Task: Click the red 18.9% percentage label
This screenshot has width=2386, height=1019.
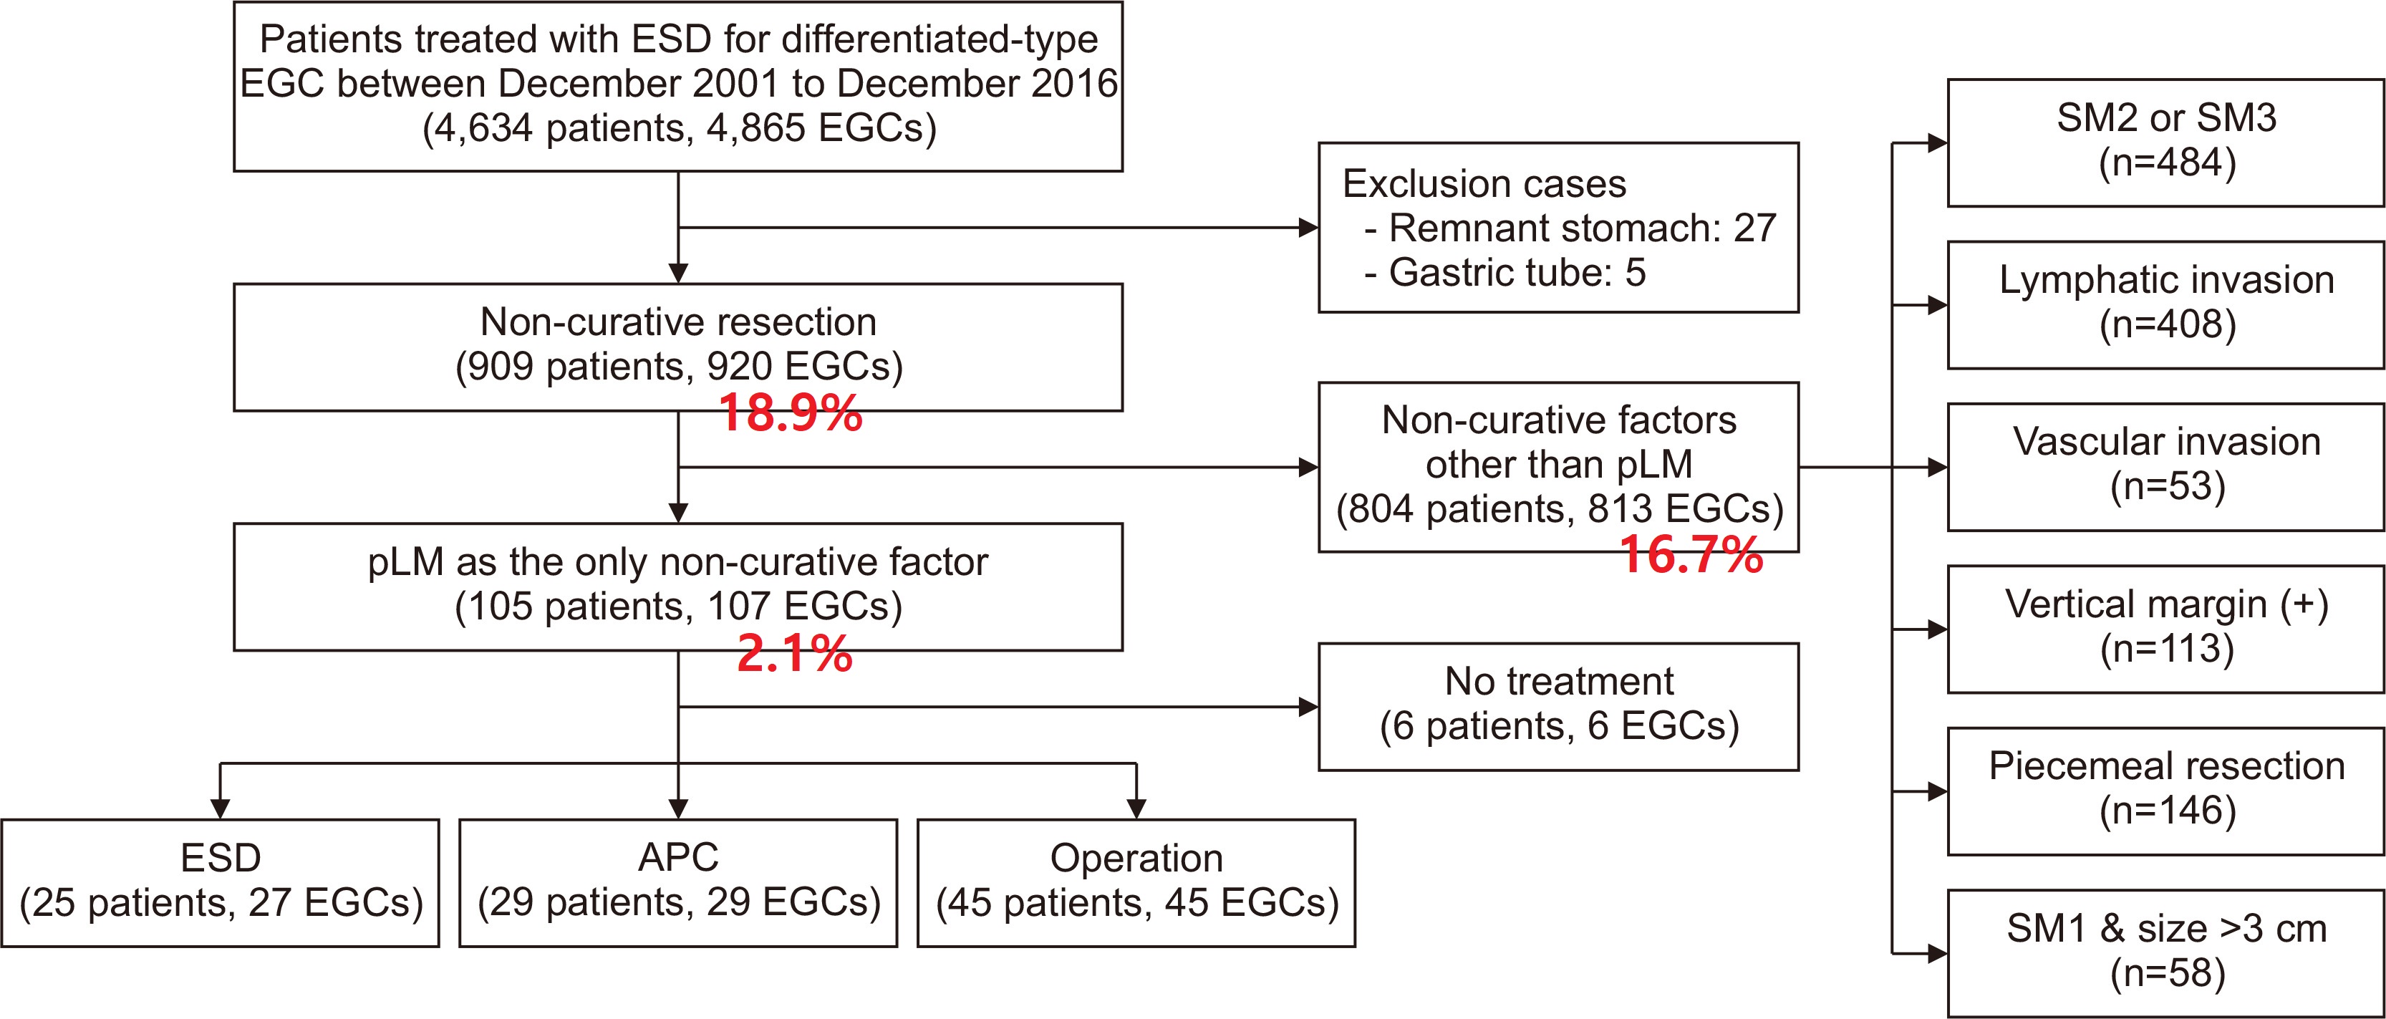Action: click(790, 413)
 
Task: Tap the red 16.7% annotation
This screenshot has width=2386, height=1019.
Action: click(1691, 555)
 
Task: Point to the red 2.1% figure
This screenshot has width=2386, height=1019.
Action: click(794, 654)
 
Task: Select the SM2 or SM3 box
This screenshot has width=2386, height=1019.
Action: click(2165, 143)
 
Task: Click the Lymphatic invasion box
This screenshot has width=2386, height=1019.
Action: click(2165, 305)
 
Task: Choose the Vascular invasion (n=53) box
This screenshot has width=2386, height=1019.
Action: click(2165, 467)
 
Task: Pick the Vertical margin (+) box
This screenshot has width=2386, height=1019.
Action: click(2165, 629)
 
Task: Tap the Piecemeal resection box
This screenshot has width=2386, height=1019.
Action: click(2165, 791)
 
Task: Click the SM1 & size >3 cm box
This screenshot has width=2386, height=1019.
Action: click(2165, 953)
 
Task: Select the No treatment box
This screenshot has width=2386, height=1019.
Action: click(1559, 707)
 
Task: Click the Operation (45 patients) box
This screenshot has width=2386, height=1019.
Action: click(1136, 883)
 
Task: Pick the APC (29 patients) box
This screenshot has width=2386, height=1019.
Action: click(678, 883)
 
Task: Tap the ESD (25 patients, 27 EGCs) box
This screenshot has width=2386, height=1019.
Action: click(221, 883)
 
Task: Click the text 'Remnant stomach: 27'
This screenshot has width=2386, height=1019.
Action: click(1582, 228)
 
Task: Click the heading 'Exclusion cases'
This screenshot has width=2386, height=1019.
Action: click(1484, 183)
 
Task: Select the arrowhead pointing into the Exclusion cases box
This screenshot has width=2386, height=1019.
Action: click(1309, 227)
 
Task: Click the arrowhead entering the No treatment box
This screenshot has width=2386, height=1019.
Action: click(1309, 707)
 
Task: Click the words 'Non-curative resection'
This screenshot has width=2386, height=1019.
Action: click(678, 322)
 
